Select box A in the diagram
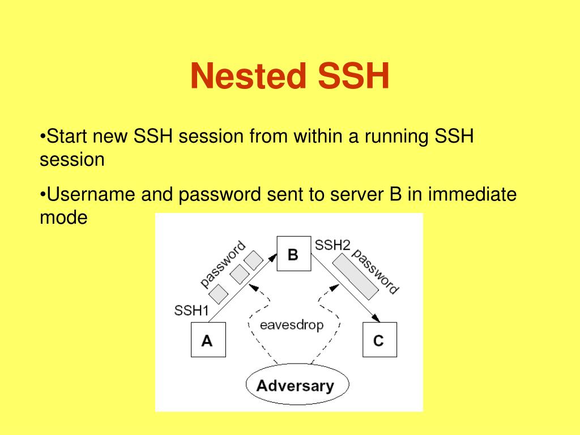click(207, 340)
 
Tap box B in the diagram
click(293, 254)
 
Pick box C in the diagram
click(379, 340)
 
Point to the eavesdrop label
click(292, 325)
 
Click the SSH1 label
click(191, 310)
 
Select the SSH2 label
click(332, 245)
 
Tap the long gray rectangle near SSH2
click(356, 276)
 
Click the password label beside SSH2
click(375, 271)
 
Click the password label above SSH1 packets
click(224, 263)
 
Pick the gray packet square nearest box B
click(253, 260)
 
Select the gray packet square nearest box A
click(219, 293)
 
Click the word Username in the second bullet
click(90, 195)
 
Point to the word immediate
click(472, 195)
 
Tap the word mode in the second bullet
click(63, 217)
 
